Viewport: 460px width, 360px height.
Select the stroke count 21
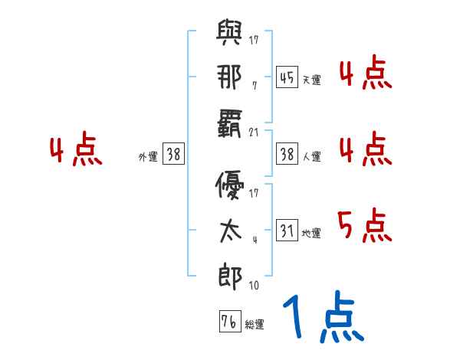pos(255,133)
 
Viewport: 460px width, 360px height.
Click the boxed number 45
pos(287,77)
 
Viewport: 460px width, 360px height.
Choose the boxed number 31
pos(287,230)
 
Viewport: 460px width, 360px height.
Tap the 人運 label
pos(311,157)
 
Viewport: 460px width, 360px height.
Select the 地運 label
pos(311,233)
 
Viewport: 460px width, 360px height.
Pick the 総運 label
pos(254,324)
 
